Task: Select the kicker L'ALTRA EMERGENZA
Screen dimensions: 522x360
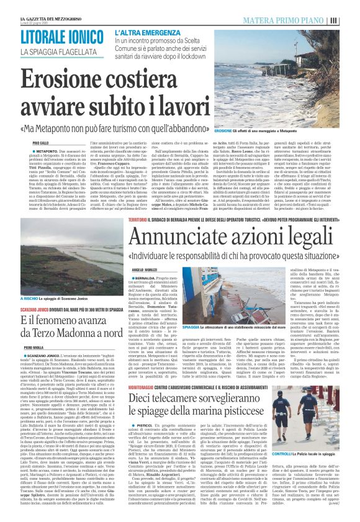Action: [x=147, y=31]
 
